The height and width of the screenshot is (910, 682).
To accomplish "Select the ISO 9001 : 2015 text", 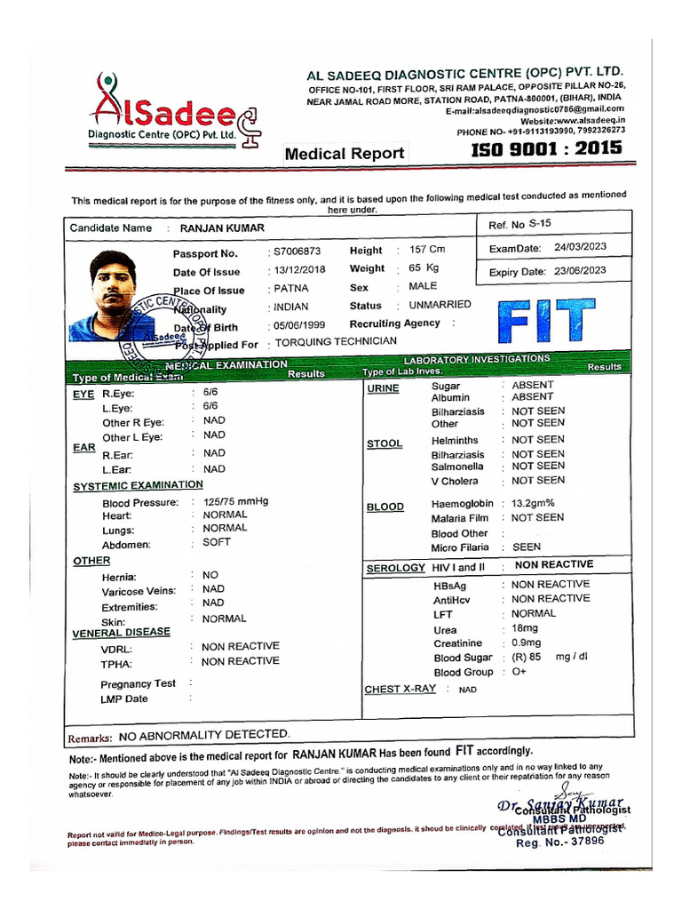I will click(546, 148).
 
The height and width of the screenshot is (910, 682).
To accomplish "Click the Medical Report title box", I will click(345, 154).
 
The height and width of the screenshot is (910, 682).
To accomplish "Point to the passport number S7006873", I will click(297, 252).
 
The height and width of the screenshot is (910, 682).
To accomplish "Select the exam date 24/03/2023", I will click(580, 248).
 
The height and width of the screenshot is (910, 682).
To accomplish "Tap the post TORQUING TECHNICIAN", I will click(336, 343).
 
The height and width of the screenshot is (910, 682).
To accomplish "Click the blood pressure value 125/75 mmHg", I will click(235, 502).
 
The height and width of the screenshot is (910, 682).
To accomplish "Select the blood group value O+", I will click(519, 672).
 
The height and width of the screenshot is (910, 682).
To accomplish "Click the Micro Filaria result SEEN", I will click(526, 547).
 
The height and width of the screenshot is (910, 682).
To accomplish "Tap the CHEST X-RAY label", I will click(400, 689).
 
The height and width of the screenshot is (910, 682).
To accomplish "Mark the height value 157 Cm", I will click(427, 251).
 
